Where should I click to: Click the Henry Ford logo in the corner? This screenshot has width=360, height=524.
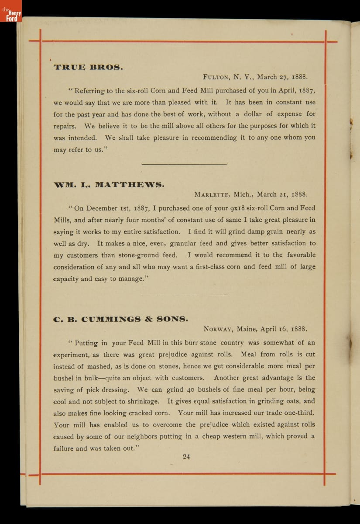(11, 12)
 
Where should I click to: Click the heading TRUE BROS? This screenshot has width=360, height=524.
(88, 68)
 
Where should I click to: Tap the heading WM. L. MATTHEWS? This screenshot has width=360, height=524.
(109, 185)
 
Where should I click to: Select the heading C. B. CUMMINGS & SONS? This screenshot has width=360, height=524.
(120, 319)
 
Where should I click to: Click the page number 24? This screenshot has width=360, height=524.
(186, 457)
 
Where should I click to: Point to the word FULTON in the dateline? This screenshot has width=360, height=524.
(216, 77)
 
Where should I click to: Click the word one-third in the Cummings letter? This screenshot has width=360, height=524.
(298, 413)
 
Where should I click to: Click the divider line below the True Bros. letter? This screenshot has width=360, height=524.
(185, 164)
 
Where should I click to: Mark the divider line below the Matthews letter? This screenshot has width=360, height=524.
(185, 295)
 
